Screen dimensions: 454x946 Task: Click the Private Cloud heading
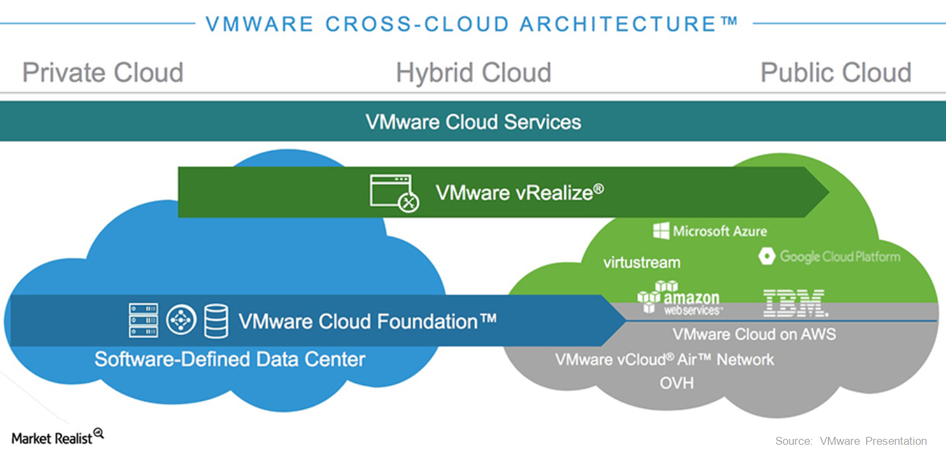(x=102, y=72)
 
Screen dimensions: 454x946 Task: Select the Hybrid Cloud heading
(x=473, y=72)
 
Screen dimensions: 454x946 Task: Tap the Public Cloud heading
(x=836, y=72)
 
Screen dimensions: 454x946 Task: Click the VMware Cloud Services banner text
(x=473, y=122)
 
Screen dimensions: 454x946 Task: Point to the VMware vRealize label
(x=519, y=193)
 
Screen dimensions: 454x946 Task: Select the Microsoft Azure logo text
(x=719, y=231)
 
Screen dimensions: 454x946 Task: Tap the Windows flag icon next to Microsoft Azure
(x=661, y=231)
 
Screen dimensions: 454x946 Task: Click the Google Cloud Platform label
(x=839, y=256)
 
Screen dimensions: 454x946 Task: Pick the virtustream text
(x=641, y=262)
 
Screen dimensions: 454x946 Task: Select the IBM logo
(x=795, y=302)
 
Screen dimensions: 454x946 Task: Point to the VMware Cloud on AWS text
(x=754, y=334)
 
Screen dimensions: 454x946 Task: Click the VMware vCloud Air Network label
(x=664, y=359)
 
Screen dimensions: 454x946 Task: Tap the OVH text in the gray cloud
(x=677, y=382)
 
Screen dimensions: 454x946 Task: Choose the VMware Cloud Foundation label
(x=367, y=321)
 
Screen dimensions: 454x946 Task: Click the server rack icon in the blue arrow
(x=143, y=321)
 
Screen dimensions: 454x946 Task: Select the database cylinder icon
(x=216, y=321)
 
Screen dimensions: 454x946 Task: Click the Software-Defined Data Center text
(x=230, y=359)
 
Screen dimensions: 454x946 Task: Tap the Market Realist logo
(x=57, y=437)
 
